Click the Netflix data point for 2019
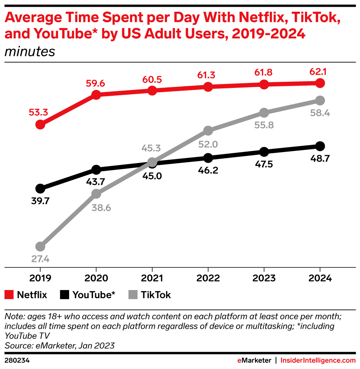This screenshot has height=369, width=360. (x=40, y=125)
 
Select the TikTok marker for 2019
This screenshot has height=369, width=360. (x=40, y=247)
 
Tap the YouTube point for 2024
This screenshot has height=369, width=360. (x=320, y=146)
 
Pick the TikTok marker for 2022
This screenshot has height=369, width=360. (x=208, y=130)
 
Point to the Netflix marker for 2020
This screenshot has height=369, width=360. (x=96, y=95)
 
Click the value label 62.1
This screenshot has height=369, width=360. (x=320, y=72)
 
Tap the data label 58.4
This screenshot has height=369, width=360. (x=320, y=113)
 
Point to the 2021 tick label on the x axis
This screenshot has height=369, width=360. (x=152, y=278)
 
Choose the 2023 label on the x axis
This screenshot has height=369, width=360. (x=264, y=278)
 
